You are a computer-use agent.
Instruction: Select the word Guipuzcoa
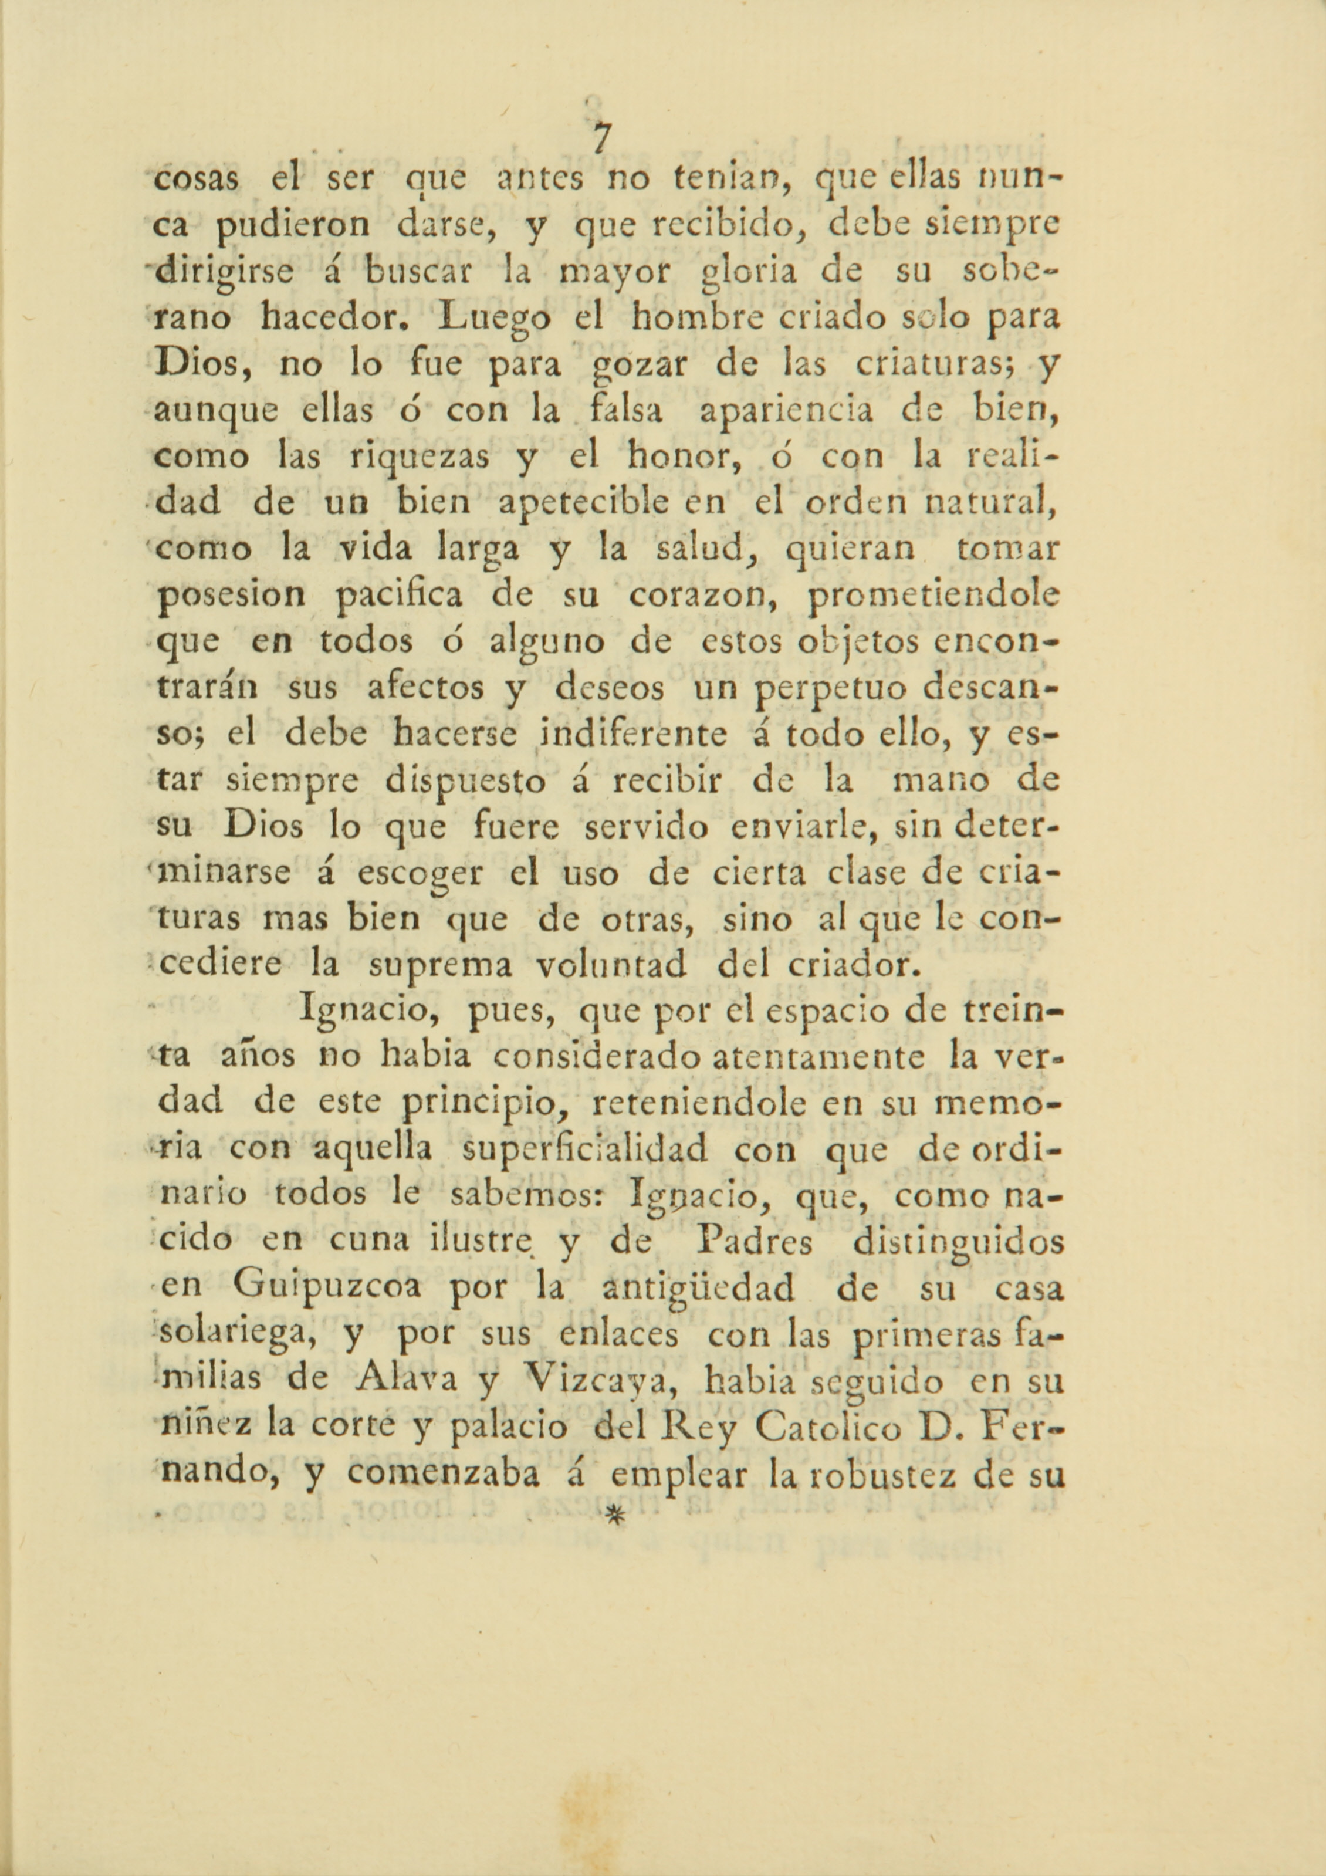327,1289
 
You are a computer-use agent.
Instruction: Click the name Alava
400,1381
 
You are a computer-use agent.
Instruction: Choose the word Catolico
828,1428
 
